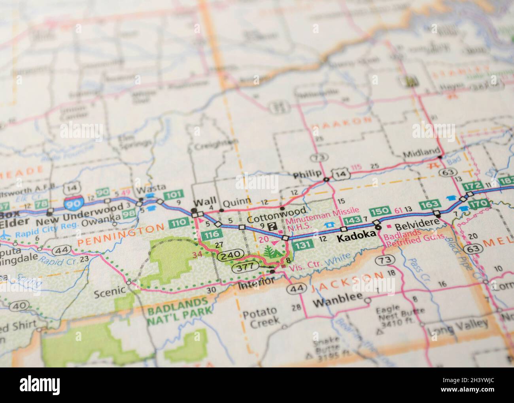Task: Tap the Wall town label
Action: [205, 202]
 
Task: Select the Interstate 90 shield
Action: [75, 201]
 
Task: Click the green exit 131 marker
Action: [302, 245]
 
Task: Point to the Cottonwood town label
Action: [276, 219]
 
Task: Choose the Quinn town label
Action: [236, 202]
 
